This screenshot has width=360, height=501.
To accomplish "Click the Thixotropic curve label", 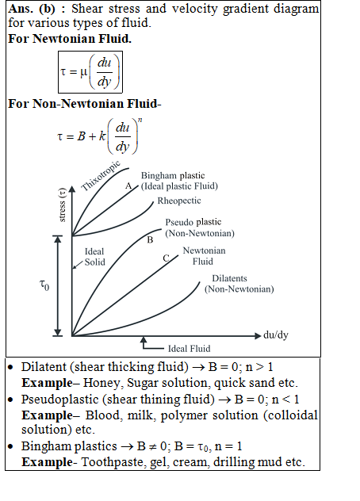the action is pos(101,176).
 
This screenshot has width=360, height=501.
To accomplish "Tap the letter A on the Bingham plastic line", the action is pos(128,185).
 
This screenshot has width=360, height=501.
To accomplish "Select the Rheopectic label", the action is pos(179,201).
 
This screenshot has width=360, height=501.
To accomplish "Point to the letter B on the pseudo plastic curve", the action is pos(150,240).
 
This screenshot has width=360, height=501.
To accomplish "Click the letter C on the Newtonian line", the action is pos(166,258).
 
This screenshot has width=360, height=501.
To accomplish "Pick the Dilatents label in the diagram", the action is pos(229,278).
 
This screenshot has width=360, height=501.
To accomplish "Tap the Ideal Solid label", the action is pos(94,257).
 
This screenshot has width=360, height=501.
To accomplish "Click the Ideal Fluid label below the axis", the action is pos(190,349).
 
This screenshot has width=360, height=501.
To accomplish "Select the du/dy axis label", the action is pos(276,335).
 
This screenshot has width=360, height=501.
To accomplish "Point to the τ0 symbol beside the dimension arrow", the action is pos(44,285).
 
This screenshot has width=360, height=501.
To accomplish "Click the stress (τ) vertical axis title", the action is pos(63,205).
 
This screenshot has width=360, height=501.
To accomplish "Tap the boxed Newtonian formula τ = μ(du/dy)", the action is pos(90,72).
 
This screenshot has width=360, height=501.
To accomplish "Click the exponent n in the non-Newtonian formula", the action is pos(140,120).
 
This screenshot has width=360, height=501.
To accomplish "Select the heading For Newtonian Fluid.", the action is pos(70,39).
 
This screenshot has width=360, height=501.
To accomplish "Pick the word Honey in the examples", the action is pos(103,383).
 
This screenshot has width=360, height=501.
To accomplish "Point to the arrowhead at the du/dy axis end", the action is pos(258,336).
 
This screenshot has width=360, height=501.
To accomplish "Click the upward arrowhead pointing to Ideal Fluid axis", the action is pos(144,339).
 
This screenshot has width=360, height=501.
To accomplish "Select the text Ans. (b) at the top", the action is pos(32,9).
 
